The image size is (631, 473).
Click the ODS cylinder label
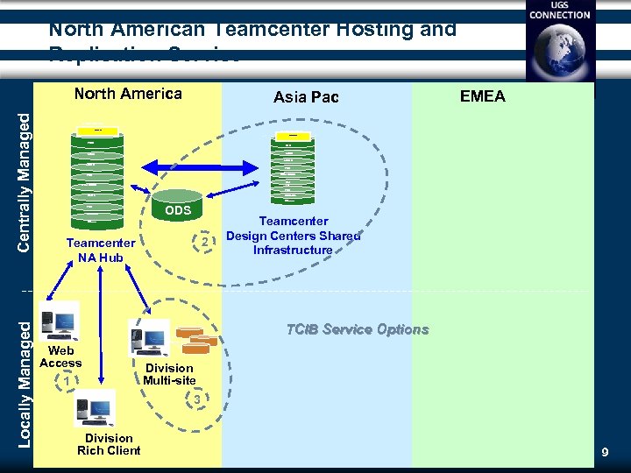tap(178, 210)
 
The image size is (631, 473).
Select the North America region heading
tap(128, 94)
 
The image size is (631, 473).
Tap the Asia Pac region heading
tap(306, 96)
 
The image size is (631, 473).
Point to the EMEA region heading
tap(482, 96)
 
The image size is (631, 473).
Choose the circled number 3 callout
tap(198, 399)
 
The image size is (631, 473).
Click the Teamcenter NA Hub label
tap(100, 251)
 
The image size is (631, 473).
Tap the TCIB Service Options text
tap(358, 329)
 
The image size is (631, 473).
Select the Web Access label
tap(60, 357)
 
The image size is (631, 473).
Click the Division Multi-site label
tap(169, 374)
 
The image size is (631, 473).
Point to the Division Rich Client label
tap(109, 444)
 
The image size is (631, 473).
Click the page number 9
tap(604, 452)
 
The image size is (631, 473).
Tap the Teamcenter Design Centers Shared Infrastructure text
tap(293, 236)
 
